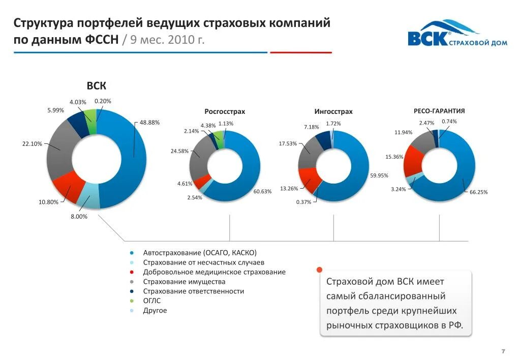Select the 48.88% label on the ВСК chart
(x=150, y=123)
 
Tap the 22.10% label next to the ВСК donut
(x=32, y=144)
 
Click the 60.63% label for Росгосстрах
(x=263, y=191)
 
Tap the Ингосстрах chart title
(x=333, y=111)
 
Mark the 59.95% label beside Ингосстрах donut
(x=379, y=175)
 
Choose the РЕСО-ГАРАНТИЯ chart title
(x=439, y=110)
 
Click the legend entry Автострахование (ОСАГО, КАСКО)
(x=200, y=253)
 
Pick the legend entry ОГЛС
(x=151, y=301)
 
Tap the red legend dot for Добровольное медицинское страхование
(x=132, y=272)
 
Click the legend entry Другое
(x=155, y=311)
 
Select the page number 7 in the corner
(x=503, y=351)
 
